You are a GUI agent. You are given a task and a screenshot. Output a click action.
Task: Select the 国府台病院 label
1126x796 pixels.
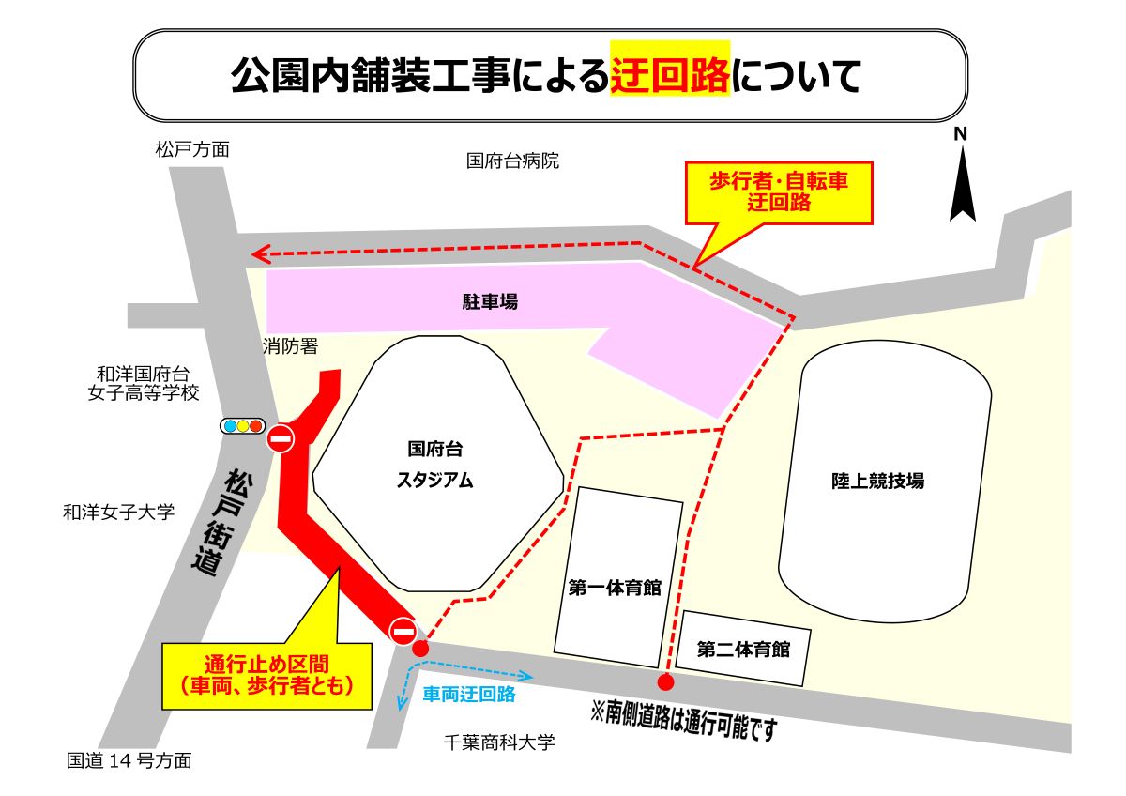[512, 161]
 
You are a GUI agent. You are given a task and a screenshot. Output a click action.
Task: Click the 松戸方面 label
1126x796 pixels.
[192, 149]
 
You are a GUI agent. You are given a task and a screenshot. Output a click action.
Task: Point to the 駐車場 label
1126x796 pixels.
[490, 302]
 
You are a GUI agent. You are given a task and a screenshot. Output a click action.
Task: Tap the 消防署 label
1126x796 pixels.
[290, 346]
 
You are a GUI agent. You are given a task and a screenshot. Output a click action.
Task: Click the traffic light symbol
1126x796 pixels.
[242, 426]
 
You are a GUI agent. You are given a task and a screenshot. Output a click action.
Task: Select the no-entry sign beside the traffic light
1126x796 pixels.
[281, 438]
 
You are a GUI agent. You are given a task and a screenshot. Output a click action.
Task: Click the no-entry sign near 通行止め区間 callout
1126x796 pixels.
[403, 632]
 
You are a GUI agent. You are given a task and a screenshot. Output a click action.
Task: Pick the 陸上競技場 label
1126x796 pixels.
[877, 481]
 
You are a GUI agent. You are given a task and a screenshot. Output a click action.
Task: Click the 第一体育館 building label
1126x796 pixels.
[615, 589]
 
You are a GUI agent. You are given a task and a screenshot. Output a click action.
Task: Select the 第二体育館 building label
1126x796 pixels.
[742, 649]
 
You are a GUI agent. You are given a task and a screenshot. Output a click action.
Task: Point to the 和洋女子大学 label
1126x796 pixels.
[119, 513]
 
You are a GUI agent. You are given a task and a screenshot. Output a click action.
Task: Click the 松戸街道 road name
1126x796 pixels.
[221, 522]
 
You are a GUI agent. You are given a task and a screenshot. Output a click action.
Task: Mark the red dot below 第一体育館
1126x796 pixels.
[665, 682]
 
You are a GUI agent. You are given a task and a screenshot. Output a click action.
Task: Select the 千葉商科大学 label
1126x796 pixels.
[499, 742]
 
